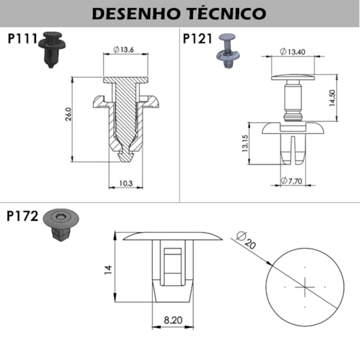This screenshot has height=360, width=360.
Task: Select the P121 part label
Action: point(197,38)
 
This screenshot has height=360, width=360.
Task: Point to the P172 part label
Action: point(22,216)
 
